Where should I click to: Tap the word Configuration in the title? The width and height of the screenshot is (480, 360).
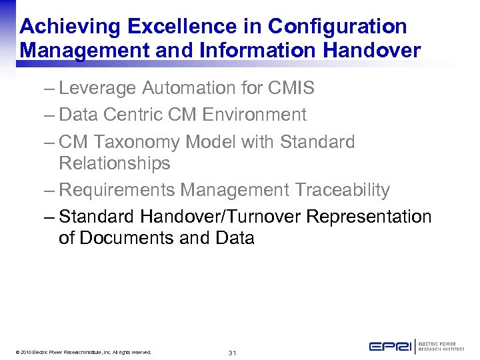337,27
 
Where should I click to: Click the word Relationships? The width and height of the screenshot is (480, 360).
115,163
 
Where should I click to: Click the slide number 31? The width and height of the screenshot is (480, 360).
233,352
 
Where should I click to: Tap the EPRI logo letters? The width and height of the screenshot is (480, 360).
390,347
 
